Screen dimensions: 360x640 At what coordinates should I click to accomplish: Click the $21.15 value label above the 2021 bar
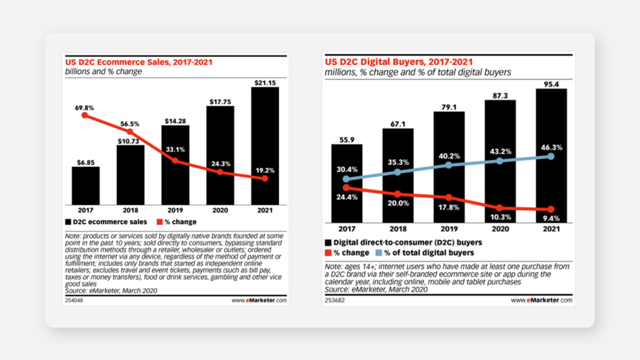point(265,83)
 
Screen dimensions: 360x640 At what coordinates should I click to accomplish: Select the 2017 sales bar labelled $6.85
point(86,186)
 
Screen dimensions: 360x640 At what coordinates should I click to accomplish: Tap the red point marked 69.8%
point(84,115)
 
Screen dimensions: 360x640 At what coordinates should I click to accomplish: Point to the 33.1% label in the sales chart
point(175,150)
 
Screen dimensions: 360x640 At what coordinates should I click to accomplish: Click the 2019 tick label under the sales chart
point(175,210)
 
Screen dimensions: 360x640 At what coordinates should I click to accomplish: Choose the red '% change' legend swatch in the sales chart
point(160,222)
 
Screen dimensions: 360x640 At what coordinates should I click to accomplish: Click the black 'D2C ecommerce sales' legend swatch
point(68,222)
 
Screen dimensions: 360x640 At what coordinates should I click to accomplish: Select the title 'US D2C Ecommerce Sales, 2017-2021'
point(139,62)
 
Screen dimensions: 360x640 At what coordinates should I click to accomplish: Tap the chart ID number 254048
point(74,300)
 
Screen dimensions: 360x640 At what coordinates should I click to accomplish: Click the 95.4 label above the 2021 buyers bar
point(551,84)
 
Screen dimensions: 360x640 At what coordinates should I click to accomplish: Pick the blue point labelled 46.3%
point(551,156)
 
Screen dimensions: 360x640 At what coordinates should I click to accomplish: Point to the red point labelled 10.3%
point(500,208)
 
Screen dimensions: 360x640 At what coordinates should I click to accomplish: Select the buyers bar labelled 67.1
point(398,176)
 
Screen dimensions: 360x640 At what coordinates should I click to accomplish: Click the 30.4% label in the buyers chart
point(347,170)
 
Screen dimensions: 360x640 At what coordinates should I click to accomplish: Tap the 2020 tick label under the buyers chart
point(500,229)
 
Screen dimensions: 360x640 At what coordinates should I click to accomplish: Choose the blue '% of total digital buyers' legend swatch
point(378,253)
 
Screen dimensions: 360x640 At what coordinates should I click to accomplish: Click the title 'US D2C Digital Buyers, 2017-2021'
point(399,62)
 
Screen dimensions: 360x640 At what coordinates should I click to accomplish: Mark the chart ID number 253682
point(334,300)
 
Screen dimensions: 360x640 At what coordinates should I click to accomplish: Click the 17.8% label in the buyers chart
point(448,207)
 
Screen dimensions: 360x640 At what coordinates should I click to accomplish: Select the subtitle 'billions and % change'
point(104,72)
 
